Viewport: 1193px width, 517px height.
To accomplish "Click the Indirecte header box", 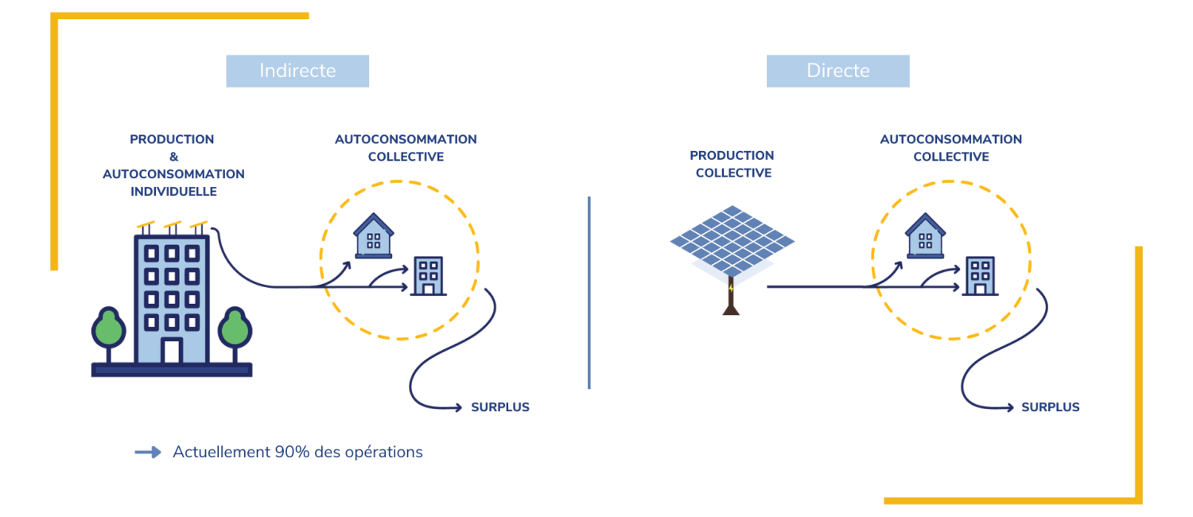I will [x=297, y=71].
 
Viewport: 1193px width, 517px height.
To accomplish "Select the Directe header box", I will [x=837, y=71].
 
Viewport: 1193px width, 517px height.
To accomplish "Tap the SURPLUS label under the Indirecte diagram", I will [x=500, y=407].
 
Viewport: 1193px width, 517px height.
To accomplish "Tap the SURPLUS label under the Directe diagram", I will [x=1050, y=407].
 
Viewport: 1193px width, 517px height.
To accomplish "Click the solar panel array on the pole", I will [x=732, y=238].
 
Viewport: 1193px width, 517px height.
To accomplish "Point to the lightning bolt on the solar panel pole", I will [x=731, y=287].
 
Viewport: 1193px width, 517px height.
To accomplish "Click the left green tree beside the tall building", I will [x=108, y=328].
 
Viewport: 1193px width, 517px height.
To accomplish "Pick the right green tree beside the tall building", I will [x=235, y=328].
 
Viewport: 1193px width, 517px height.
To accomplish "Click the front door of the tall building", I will [x=172, y=351].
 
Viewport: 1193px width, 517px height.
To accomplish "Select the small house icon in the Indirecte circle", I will [x=372, y=235].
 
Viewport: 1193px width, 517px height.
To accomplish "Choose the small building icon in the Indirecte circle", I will [x=429, y=276].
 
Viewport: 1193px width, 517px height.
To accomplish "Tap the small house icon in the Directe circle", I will [x=925, y=235].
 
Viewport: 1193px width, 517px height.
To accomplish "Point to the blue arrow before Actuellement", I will [x=148, y=452].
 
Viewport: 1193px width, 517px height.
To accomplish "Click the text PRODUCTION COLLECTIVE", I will [x=732, y=164].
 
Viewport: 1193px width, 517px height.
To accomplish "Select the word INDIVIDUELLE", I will [x=173, y=192].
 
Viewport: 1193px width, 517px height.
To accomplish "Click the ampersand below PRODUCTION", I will [x=173, y=157].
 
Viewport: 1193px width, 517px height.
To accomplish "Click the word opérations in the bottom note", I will [x=384, y=452].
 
